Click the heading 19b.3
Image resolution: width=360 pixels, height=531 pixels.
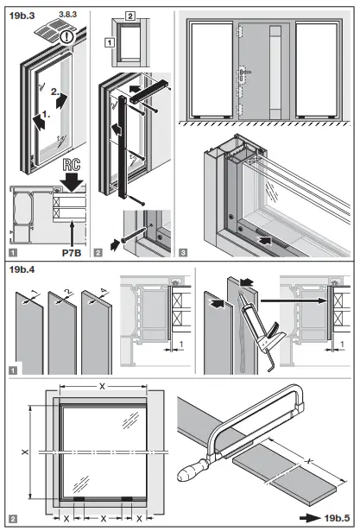(22, 15)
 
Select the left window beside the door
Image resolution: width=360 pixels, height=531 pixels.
(208, 69)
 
